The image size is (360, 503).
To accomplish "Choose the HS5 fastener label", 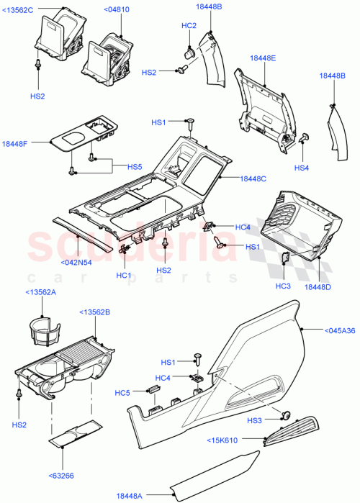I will [135, 167].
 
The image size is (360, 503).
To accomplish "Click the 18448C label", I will [253, 178].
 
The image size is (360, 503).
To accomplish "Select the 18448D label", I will [318, 286].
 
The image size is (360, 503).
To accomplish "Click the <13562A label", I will [42, 292].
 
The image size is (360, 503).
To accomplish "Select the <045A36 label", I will [338, 330].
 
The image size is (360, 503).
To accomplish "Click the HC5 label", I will [124, 393].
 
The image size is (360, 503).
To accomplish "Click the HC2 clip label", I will [189, 26].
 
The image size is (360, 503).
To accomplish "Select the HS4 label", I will [301, 168].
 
